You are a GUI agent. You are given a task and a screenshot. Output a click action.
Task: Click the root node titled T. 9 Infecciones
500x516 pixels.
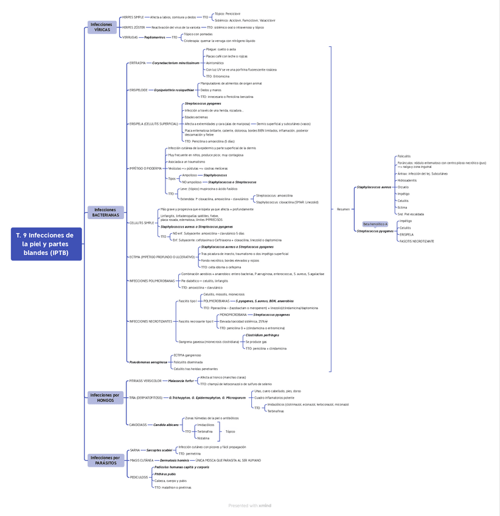[46, 244]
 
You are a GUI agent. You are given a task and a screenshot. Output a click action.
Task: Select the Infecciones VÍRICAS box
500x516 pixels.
[102, 27]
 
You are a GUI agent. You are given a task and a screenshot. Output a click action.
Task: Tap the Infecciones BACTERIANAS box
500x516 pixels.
[105, 212]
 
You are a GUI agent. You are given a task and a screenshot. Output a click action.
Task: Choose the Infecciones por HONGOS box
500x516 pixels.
[105, 398]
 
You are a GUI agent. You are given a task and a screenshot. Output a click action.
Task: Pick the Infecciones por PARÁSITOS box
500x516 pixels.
[105, 460]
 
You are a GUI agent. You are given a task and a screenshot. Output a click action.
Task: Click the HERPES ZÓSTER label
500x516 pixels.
[133, 27]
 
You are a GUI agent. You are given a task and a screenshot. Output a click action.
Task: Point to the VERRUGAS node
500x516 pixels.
[130, 37]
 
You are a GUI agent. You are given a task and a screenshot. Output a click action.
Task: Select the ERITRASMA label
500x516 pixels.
[137, 63]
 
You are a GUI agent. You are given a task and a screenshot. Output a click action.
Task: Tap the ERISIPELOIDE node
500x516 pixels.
[139, 90]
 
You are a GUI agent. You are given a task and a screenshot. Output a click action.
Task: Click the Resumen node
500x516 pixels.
[343, 209]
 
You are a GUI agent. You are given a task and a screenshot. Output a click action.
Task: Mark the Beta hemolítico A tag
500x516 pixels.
[375, 224]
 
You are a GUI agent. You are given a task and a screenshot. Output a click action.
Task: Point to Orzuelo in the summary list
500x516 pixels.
[403, 187]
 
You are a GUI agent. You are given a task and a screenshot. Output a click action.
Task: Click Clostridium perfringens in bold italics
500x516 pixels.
[262, 335]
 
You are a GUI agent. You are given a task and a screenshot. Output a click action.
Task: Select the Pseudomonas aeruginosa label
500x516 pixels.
[148, 362]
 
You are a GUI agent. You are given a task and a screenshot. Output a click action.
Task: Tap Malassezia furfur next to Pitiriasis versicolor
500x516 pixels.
[181, 381]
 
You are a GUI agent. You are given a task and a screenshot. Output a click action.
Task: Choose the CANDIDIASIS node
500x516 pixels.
[138, 425]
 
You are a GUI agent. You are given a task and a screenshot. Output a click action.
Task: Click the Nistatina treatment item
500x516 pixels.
[203, 438]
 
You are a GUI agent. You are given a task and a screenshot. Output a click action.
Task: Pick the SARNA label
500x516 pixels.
[134, 450]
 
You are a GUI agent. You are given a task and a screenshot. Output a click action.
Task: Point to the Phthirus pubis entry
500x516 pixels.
[165, 474]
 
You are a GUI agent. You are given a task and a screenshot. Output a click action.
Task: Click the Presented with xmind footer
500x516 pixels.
[249, 506]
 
